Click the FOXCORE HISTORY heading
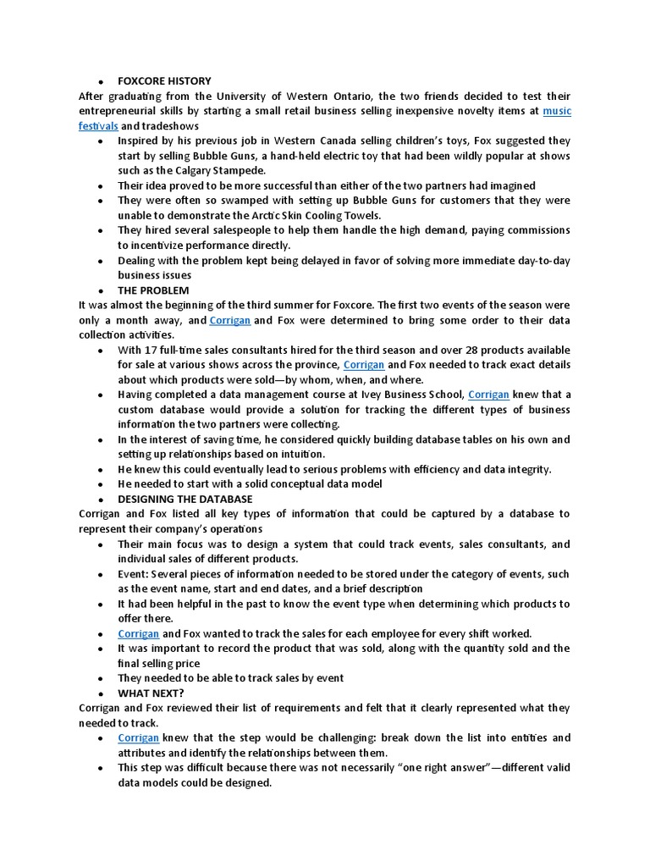[x=164, y=81]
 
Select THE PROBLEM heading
[x=153, y=290]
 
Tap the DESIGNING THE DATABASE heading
[x=185, y=500]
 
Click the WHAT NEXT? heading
[x=151, y=693]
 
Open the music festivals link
[x=556, y=111]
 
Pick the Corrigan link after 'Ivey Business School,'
[x=488, y=395]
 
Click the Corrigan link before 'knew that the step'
[x=139, y=738]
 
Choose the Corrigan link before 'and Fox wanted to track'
[x=139, y=633]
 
